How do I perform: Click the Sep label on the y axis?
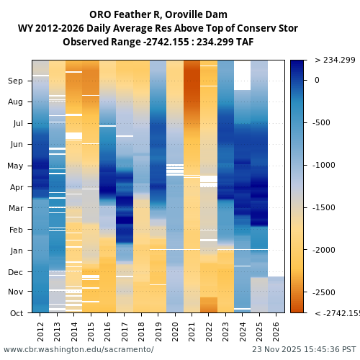(x=16, y=81)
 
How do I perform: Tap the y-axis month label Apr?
(x=16, y=187)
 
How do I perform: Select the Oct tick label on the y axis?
(x=16, y=313)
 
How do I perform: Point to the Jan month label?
(x=16, y=251)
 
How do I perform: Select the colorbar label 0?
(x=317, y=80)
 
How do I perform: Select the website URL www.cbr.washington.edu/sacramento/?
(x=78, y=349)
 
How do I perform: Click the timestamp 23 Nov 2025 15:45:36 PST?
(x=303, y=349)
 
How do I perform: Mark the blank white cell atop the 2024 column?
(x=243, y=75)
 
